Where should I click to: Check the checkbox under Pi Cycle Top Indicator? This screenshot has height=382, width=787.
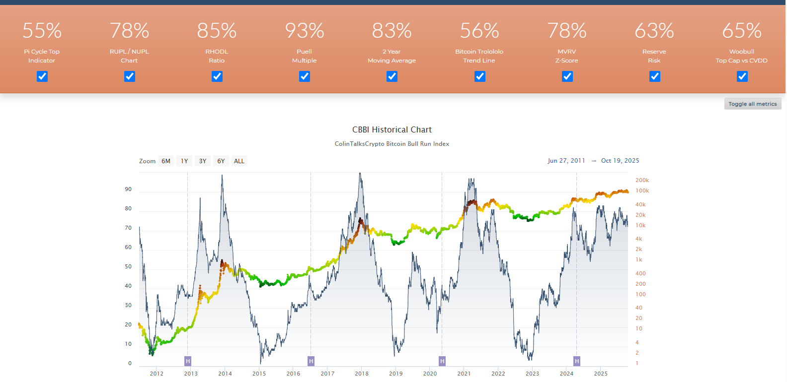(42, 76)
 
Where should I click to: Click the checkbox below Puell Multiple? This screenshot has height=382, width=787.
(305, 76)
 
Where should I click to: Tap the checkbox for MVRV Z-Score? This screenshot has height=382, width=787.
(567, 76)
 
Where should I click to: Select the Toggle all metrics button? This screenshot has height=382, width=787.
(752, 104)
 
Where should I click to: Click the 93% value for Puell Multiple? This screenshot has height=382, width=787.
(305, 31)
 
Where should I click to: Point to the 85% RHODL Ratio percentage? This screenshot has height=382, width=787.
(217, 31)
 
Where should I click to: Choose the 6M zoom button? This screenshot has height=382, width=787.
(166, 161)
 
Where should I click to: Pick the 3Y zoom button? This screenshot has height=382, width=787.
(203, 161)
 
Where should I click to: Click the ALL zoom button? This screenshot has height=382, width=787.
(239, 161)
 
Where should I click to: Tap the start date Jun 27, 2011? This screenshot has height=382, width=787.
(566, 161)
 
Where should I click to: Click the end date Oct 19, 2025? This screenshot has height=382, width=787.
(620, 161)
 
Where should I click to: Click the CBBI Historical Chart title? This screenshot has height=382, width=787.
(392, 129)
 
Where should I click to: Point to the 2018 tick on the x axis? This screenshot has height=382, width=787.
(362, 374)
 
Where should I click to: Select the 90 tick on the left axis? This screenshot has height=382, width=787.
(129, 190)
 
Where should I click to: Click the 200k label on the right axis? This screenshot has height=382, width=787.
(642, 181)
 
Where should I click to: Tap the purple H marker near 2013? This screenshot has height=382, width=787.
(188, 361)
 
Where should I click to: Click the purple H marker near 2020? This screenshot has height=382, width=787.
(442, 361)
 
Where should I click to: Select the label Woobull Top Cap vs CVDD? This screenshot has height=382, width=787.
(741, 56)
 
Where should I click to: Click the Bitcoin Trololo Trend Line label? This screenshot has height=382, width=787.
(479, 56)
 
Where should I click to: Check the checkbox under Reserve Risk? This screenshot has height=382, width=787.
(654, 76)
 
